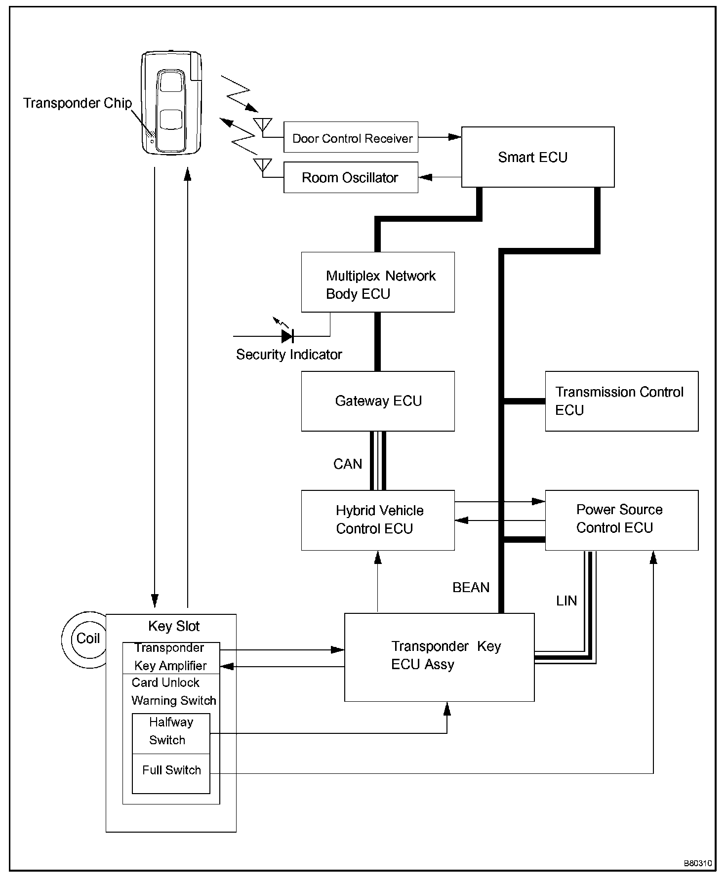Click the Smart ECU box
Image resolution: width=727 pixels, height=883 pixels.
point(537,157)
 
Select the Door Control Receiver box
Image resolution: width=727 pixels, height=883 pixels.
point(351,137)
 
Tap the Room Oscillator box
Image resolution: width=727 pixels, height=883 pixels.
point(351,177)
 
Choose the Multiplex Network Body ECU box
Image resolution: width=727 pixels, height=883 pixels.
point(378,282)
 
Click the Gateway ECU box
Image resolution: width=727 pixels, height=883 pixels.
point(378,401)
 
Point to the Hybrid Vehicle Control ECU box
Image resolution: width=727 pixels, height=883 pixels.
point(378,520)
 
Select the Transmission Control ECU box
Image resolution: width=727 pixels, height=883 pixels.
point(621,401)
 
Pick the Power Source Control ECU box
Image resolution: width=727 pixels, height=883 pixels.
point(621,520)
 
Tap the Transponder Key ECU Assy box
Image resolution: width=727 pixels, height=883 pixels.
point(439,657)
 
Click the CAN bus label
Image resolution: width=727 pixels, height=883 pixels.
point(348,464)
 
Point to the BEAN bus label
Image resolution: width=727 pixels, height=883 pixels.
point(471,588)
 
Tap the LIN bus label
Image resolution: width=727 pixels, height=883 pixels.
point(566,601)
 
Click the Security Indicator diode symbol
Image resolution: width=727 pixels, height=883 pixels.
point(287,336)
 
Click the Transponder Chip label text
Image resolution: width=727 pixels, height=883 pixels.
point(78,103)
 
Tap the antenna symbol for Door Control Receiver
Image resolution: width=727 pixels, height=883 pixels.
point(262,124)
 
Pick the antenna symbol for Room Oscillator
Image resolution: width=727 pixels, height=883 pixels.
point(262,164)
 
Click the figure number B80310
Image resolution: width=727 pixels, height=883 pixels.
point(697,863)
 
